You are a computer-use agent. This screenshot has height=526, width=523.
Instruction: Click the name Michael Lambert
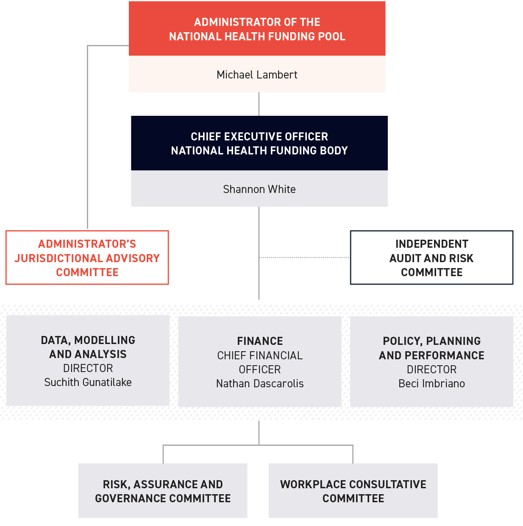pos(257,75)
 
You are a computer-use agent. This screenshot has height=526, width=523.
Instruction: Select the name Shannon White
pos(259,189)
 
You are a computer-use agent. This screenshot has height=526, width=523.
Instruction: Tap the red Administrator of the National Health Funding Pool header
pos(257,29)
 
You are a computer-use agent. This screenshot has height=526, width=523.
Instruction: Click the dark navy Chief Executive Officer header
pos(259,143)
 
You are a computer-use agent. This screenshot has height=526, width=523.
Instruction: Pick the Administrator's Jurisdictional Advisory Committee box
pos(87,257)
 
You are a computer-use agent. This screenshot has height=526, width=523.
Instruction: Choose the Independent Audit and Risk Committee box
pos(431,257)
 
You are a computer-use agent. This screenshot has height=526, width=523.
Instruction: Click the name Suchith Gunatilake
pos(88,382)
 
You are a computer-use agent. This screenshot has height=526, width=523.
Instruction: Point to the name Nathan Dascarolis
pos(260,383)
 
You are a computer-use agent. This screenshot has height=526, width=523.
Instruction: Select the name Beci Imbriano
pos(431,383)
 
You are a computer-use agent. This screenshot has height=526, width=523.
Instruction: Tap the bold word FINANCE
pos(260,341)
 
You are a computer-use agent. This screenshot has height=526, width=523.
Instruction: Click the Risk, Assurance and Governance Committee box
pos(163,491)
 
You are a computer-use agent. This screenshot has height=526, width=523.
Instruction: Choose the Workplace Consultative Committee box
pos(353,491)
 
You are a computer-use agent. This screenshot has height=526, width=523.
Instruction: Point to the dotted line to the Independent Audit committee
pos(304,257)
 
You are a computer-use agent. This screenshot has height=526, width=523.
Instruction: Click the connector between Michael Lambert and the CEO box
pos(259,104)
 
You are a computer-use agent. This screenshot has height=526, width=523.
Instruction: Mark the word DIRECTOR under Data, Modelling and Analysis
pos(88,368)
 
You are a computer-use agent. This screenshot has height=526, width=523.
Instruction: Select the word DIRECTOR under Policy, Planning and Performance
pos(431,369)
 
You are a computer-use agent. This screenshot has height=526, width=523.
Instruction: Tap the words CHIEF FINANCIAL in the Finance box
pos(260,355)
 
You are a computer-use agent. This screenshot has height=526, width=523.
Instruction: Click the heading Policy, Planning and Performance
pos(431,348)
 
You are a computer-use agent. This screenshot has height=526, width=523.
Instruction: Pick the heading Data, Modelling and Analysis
pos(88,347)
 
